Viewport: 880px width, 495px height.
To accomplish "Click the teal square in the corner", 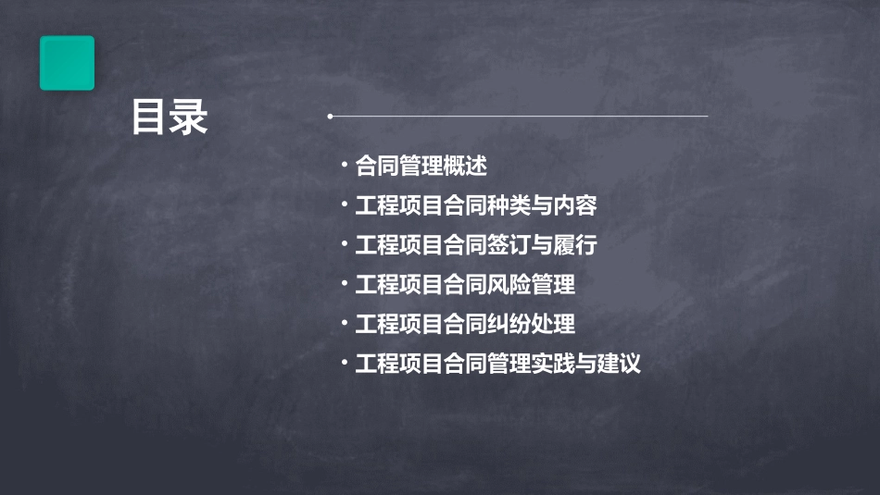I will coord(67,63).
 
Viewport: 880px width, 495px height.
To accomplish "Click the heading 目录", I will coord(169,118).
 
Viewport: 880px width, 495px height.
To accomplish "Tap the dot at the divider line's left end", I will coord(330,117).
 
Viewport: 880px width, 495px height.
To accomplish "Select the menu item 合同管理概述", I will coord(421,167).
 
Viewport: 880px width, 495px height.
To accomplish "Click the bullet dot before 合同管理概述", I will coord(344,166).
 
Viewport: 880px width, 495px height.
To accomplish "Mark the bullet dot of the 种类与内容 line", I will coord(344,204).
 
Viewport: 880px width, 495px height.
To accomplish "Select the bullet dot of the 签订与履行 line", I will coord(344,244).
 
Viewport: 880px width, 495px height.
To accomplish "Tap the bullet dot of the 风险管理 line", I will coord(344,284).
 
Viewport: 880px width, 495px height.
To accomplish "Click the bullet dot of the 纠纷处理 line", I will coord(344,324).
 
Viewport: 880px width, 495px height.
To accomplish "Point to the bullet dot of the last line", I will coord(344,363).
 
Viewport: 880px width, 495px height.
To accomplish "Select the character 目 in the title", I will coord(149,118).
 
